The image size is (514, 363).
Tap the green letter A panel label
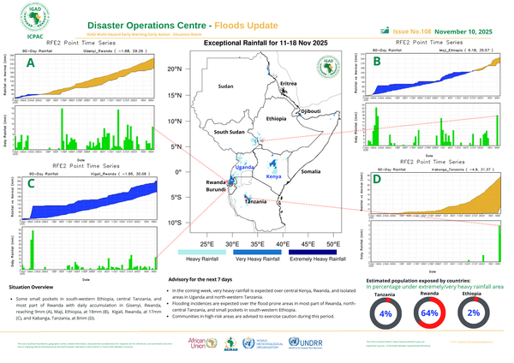(32, 63)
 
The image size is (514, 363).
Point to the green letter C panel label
(31, 183)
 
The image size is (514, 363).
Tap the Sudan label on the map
(225, 87)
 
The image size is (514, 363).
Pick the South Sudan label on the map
(230, 133)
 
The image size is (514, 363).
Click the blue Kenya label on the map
(274, 176)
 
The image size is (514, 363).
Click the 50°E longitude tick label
(332, 244)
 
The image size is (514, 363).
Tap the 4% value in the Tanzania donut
(385, 314)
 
